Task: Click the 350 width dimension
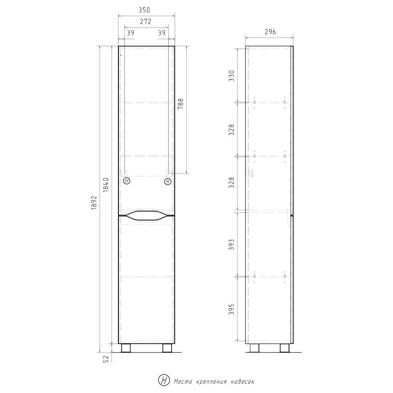point(144,10)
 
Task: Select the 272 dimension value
point(145,22)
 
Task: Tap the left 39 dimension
point(131,33)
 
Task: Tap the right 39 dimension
point(162,33)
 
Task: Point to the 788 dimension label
point(180,104)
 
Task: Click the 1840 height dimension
point(106,185)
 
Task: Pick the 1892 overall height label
point(94,202)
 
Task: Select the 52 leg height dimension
point(106,359)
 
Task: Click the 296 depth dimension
point(270,32)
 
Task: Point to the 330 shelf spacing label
point(231,76)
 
